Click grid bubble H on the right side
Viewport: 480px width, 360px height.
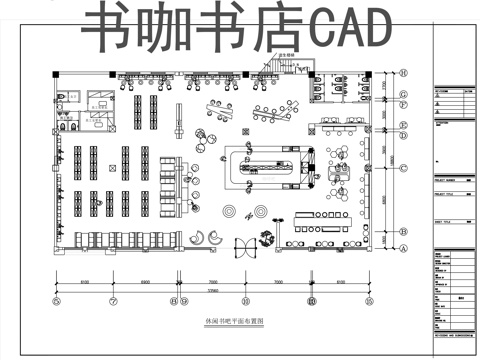[403, 73]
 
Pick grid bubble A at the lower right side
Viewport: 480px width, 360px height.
[403, 252]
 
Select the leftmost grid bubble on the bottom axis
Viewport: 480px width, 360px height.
[57, 301]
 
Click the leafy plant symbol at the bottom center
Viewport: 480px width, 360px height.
[267, 238]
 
